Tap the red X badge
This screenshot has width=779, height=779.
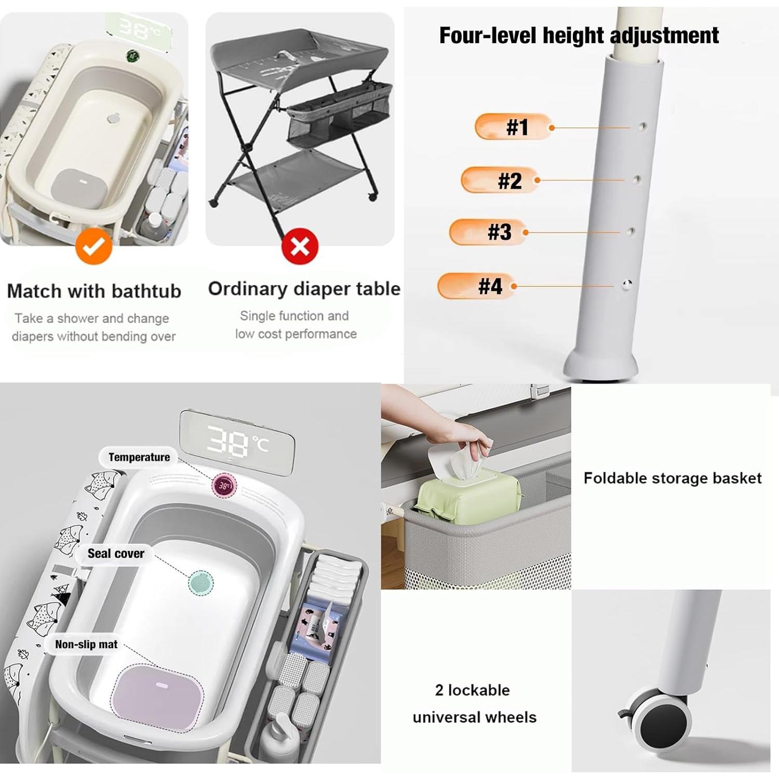(x=300, y=246)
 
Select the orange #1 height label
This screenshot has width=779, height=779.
(x=513, y=127)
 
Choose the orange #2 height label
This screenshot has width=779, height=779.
(x=500, y=180)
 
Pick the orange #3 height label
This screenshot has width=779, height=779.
(x=488, y=232)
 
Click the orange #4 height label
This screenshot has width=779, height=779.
(x=476, y=286)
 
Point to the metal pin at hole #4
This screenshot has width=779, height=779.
(x=627, y=284)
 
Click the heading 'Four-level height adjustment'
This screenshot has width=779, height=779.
(x=579, y=35)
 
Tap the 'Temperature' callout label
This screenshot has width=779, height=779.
(x=139, y=457)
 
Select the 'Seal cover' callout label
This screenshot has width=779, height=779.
(x=116, y=554)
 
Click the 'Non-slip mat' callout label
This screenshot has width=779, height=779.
(x=86, y=644)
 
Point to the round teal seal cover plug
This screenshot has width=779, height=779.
(x=200, y=582)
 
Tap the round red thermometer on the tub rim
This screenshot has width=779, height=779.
(x=224, y=486)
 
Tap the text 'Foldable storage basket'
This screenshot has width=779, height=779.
(x=672, y=478)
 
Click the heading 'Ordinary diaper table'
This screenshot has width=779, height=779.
(x=304, y=289)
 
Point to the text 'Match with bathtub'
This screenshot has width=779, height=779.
(x=94, y=291)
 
